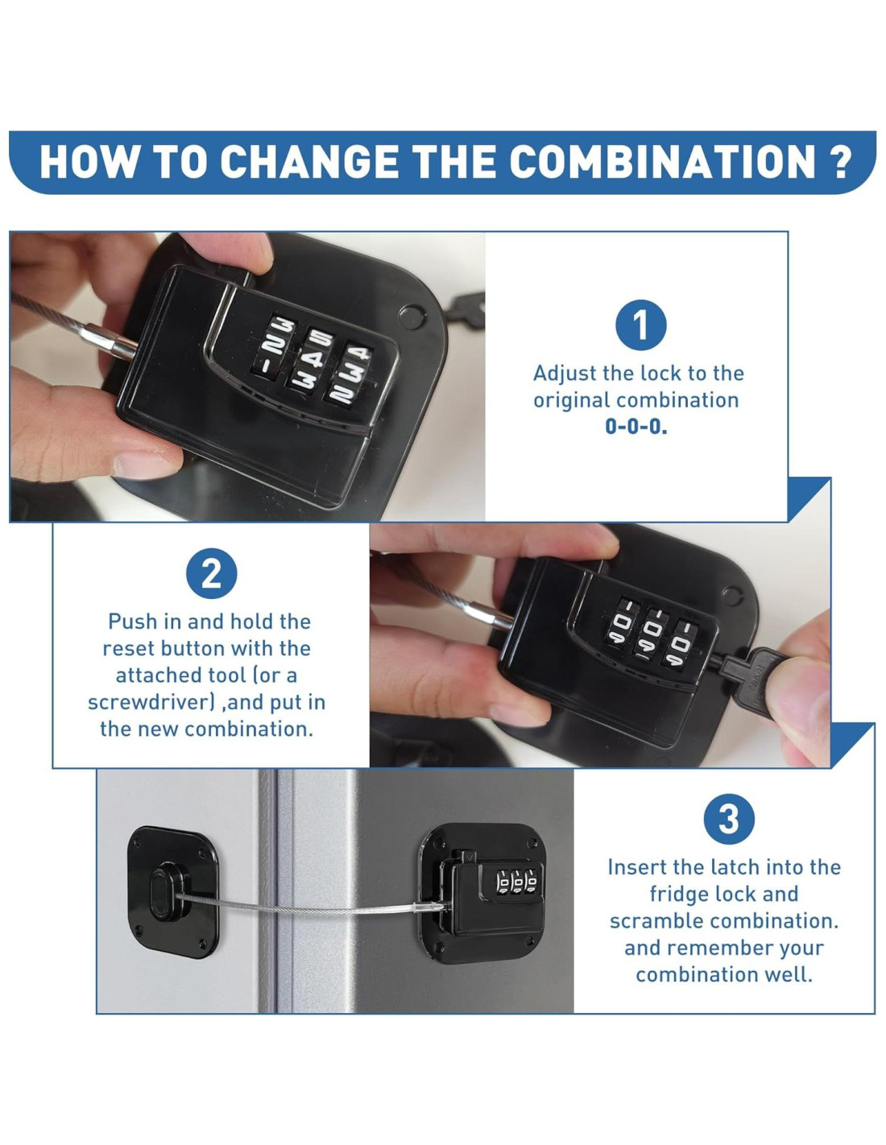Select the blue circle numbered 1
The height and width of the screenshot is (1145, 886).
point(641,324)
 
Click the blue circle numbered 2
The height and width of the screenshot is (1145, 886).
point(211,574)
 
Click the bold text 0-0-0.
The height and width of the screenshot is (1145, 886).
point(636,426)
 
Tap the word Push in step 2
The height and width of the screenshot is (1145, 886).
point(134,622)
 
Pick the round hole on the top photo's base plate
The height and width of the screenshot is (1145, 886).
point(412,315)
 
